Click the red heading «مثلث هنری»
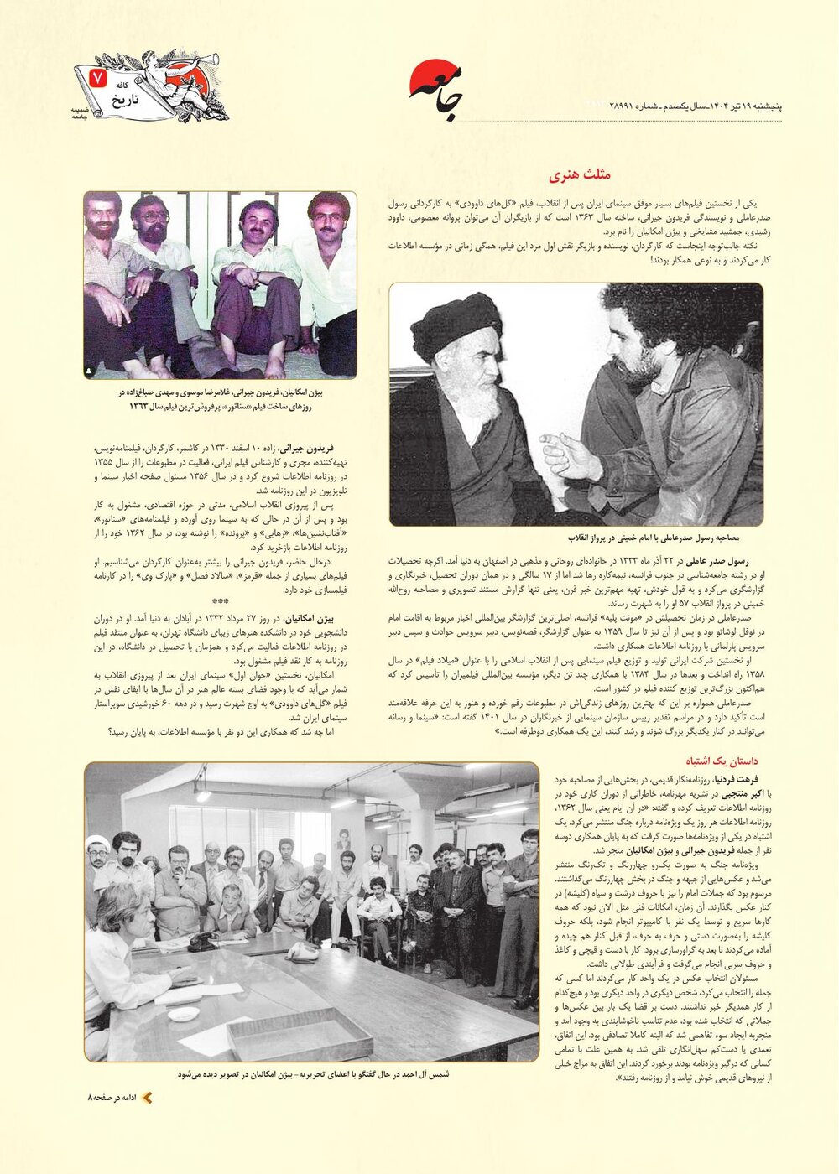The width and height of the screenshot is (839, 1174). pos(580,175)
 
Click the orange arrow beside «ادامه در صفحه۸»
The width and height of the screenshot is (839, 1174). pos(147,1098)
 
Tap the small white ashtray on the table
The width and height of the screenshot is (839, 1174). pos(183,1013)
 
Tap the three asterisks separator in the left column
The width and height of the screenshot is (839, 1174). pos(220,601)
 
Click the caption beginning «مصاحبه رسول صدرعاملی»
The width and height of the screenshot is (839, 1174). pos(643,538)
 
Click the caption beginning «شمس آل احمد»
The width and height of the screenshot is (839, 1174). pos(314,1073)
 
